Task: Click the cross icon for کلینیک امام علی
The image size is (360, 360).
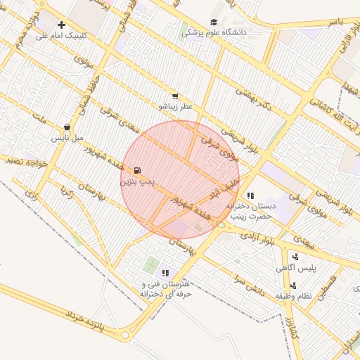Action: coord(62,25)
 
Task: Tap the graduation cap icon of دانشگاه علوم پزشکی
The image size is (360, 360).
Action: coord(214,22)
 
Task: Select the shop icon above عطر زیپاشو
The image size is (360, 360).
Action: coord(175,96)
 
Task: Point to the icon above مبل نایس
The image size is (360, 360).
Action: coord(67,127)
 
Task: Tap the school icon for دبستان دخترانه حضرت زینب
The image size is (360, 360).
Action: coord(250,195)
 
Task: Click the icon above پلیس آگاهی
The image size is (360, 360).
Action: coord(295,257)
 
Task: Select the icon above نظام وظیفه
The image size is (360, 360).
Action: coord(293,285)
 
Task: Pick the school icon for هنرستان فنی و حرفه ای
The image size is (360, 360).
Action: coord(165,273)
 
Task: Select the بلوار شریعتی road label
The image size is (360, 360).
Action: coord(236,141)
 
